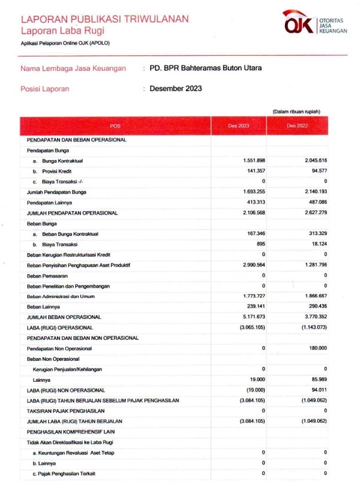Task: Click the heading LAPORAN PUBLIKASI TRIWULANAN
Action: point(104,19)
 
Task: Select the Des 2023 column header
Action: point(238,126)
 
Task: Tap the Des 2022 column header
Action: point(297,126)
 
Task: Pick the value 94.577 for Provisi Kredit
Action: point(316,171)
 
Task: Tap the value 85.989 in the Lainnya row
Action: point(317,379)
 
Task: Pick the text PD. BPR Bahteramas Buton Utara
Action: point(205,68)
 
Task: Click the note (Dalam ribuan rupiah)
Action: point(296,112)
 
